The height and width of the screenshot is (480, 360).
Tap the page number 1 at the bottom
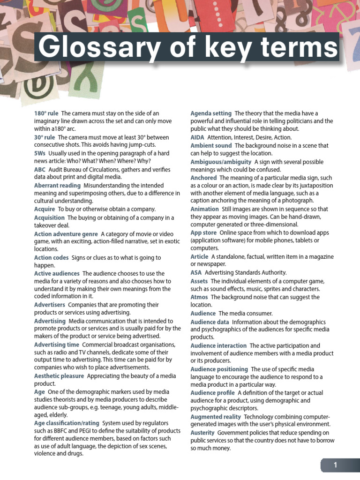(336, 465)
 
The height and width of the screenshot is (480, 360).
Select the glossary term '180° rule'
(46, 113)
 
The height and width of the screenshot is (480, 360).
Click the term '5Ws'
(40, 153)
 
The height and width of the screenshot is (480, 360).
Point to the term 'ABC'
(40, 169)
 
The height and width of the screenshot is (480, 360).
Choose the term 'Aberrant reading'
(57, 186)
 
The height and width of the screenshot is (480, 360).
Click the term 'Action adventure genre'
(66, 233)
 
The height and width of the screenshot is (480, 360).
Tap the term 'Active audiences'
(56, 273)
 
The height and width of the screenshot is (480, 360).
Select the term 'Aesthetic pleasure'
(59, 376)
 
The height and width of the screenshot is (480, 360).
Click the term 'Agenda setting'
(211, 113)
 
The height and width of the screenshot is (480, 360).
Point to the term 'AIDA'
(197, 137)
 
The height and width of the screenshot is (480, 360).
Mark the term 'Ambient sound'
(211, 146)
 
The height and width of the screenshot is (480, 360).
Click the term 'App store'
(203, 232)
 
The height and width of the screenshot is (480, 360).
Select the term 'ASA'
(196, 272)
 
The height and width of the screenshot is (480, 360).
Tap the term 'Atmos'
(199, 297)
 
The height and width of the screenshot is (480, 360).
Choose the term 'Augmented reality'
(216, 416)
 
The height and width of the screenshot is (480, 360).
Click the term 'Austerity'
(202, 433)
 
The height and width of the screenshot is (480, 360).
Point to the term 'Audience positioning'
(219, 369)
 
